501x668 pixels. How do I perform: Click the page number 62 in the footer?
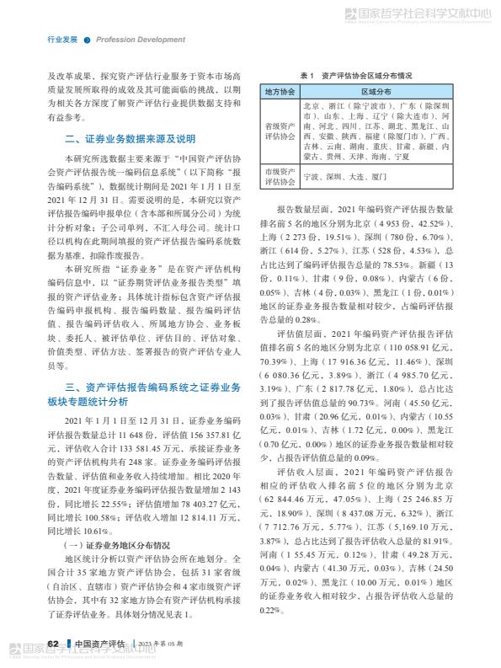click(52, 644)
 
